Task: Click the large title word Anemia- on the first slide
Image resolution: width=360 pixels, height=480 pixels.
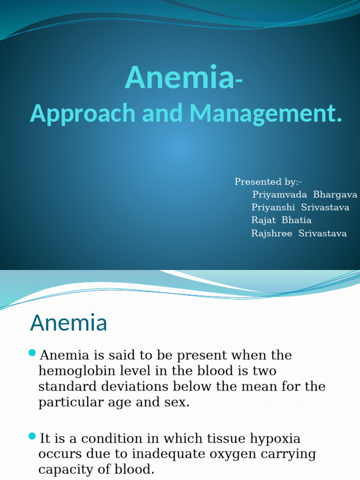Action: click(x=183, y=77)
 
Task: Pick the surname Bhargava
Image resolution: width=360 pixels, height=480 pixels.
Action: click(x=335, y=195)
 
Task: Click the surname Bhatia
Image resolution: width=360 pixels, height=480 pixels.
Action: click(x=297, y=220)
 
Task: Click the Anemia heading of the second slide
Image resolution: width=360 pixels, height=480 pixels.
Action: click(x=68, y=323)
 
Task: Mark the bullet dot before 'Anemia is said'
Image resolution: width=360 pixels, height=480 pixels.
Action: click(x=32, y=352)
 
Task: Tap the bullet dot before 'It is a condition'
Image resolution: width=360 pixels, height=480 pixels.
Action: click(x=32, y=436)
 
